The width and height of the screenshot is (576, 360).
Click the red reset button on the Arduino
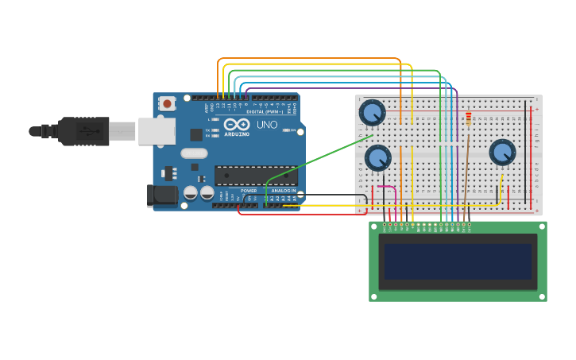coord(167,103)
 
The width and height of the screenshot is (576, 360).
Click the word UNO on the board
coord(267,125)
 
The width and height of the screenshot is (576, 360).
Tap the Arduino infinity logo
coord(237,124)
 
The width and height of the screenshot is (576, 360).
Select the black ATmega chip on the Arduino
coord(256,176)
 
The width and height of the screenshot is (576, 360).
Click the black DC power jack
coord(164,195)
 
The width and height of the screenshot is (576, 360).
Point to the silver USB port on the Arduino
coord(157,131)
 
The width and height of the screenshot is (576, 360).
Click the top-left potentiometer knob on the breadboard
coord(372,112)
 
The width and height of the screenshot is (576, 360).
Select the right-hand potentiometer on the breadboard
coord(502,152)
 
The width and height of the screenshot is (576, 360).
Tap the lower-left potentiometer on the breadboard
coord(377,157)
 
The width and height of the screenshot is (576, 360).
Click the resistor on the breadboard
coord(469,118)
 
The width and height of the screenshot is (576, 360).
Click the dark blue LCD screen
coord(458,261)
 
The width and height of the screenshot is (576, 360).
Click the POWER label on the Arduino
coord(249,191)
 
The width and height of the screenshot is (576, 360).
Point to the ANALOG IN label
coord(284,191)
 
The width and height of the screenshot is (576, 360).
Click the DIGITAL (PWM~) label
coord(265,112)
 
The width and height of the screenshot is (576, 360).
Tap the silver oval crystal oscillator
coord(194,153)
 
